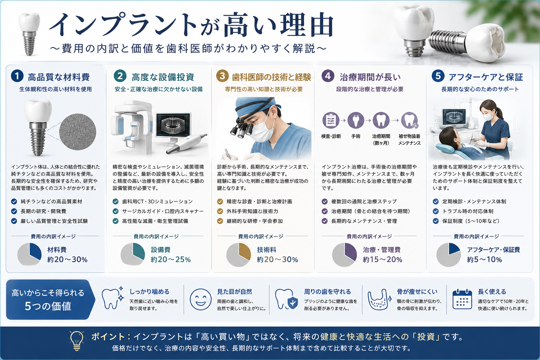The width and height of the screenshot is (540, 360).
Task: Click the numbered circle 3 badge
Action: [222, 76]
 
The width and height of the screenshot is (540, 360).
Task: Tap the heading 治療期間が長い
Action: [370, 77]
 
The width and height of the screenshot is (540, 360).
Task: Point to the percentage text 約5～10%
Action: [484, 259]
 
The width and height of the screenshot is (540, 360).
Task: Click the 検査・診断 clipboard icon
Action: [331, 120]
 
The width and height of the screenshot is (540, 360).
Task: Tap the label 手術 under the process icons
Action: [355, 136]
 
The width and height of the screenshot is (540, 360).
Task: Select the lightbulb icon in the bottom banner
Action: [77, 341]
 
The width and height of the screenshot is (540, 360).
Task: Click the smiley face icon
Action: [201, 299]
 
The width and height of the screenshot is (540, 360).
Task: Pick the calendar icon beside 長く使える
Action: [462, 299]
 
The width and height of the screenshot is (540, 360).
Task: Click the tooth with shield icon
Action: [287, 299]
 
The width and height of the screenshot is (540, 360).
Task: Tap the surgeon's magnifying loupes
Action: [242, 129]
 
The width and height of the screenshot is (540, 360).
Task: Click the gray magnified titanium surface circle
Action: [78, 131]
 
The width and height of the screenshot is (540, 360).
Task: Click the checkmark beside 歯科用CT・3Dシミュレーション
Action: [116, 201]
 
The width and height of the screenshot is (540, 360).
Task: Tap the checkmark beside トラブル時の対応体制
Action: [436, 212]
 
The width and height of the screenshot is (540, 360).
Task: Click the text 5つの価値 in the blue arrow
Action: [48, 306]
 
